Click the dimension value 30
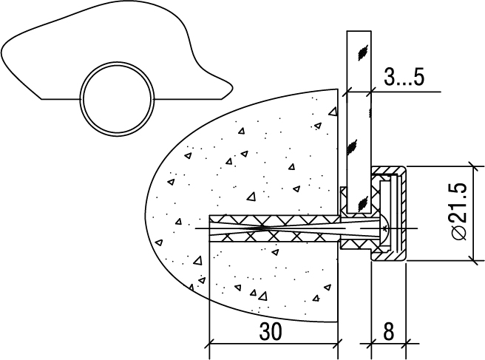coord(271,332)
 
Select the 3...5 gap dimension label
coord(404,78)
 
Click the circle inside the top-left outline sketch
coord(119,98)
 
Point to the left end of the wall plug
coord(211,227)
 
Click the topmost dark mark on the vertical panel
coord(360,51)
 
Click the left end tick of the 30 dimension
coord(210,343)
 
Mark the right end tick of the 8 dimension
coord(406,343)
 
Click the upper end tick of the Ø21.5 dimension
coord(473,167)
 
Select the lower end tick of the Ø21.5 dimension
coord(473,260)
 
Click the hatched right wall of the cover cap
coord(402,214)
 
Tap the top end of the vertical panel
coord(359,32)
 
